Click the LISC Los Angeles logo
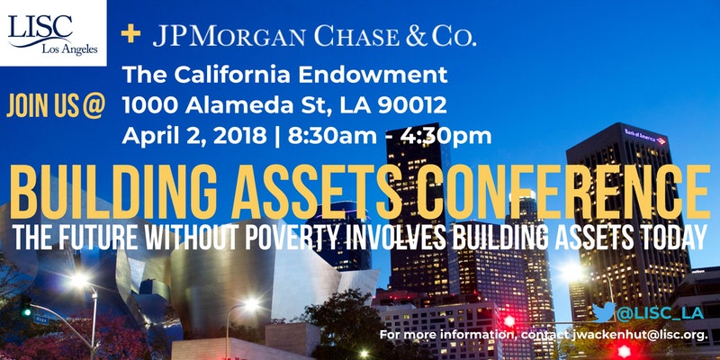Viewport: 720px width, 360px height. [53, 33]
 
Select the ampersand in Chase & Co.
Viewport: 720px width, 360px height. [417, 36]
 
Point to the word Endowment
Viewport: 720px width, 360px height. [373, 75]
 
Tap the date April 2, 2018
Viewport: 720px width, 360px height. [194, 136]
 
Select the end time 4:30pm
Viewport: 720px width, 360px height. [445, 136]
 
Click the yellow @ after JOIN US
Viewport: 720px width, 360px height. [94, 106]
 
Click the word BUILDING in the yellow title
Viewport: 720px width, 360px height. [114, 191]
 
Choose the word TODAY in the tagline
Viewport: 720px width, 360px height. [676, 237]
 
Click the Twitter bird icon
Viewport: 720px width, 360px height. [603, 311]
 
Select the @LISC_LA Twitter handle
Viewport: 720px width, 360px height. [660, 313]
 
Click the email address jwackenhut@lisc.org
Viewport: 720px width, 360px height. [639, 335]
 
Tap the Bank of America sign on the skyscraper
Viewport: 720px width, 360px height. [644, 137]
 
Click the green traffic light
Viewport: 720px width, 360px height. [27, 312]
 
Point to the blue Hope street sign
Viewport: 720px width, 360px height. [40, 319]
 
